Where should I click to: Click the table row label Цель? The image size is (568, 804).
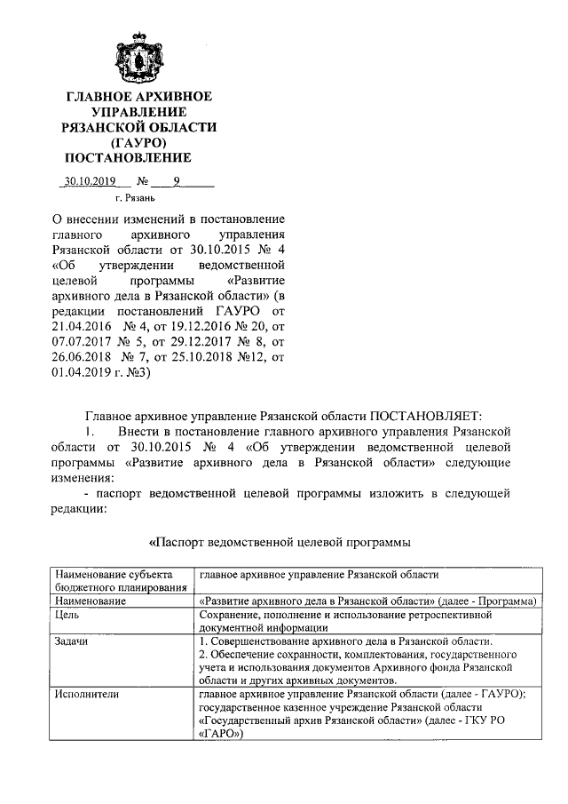[67, 614]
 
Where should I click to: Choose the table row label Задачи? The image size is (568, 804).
[72, 641]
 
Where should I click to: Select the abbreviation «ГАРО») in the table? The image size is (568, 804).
[221, 735]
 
